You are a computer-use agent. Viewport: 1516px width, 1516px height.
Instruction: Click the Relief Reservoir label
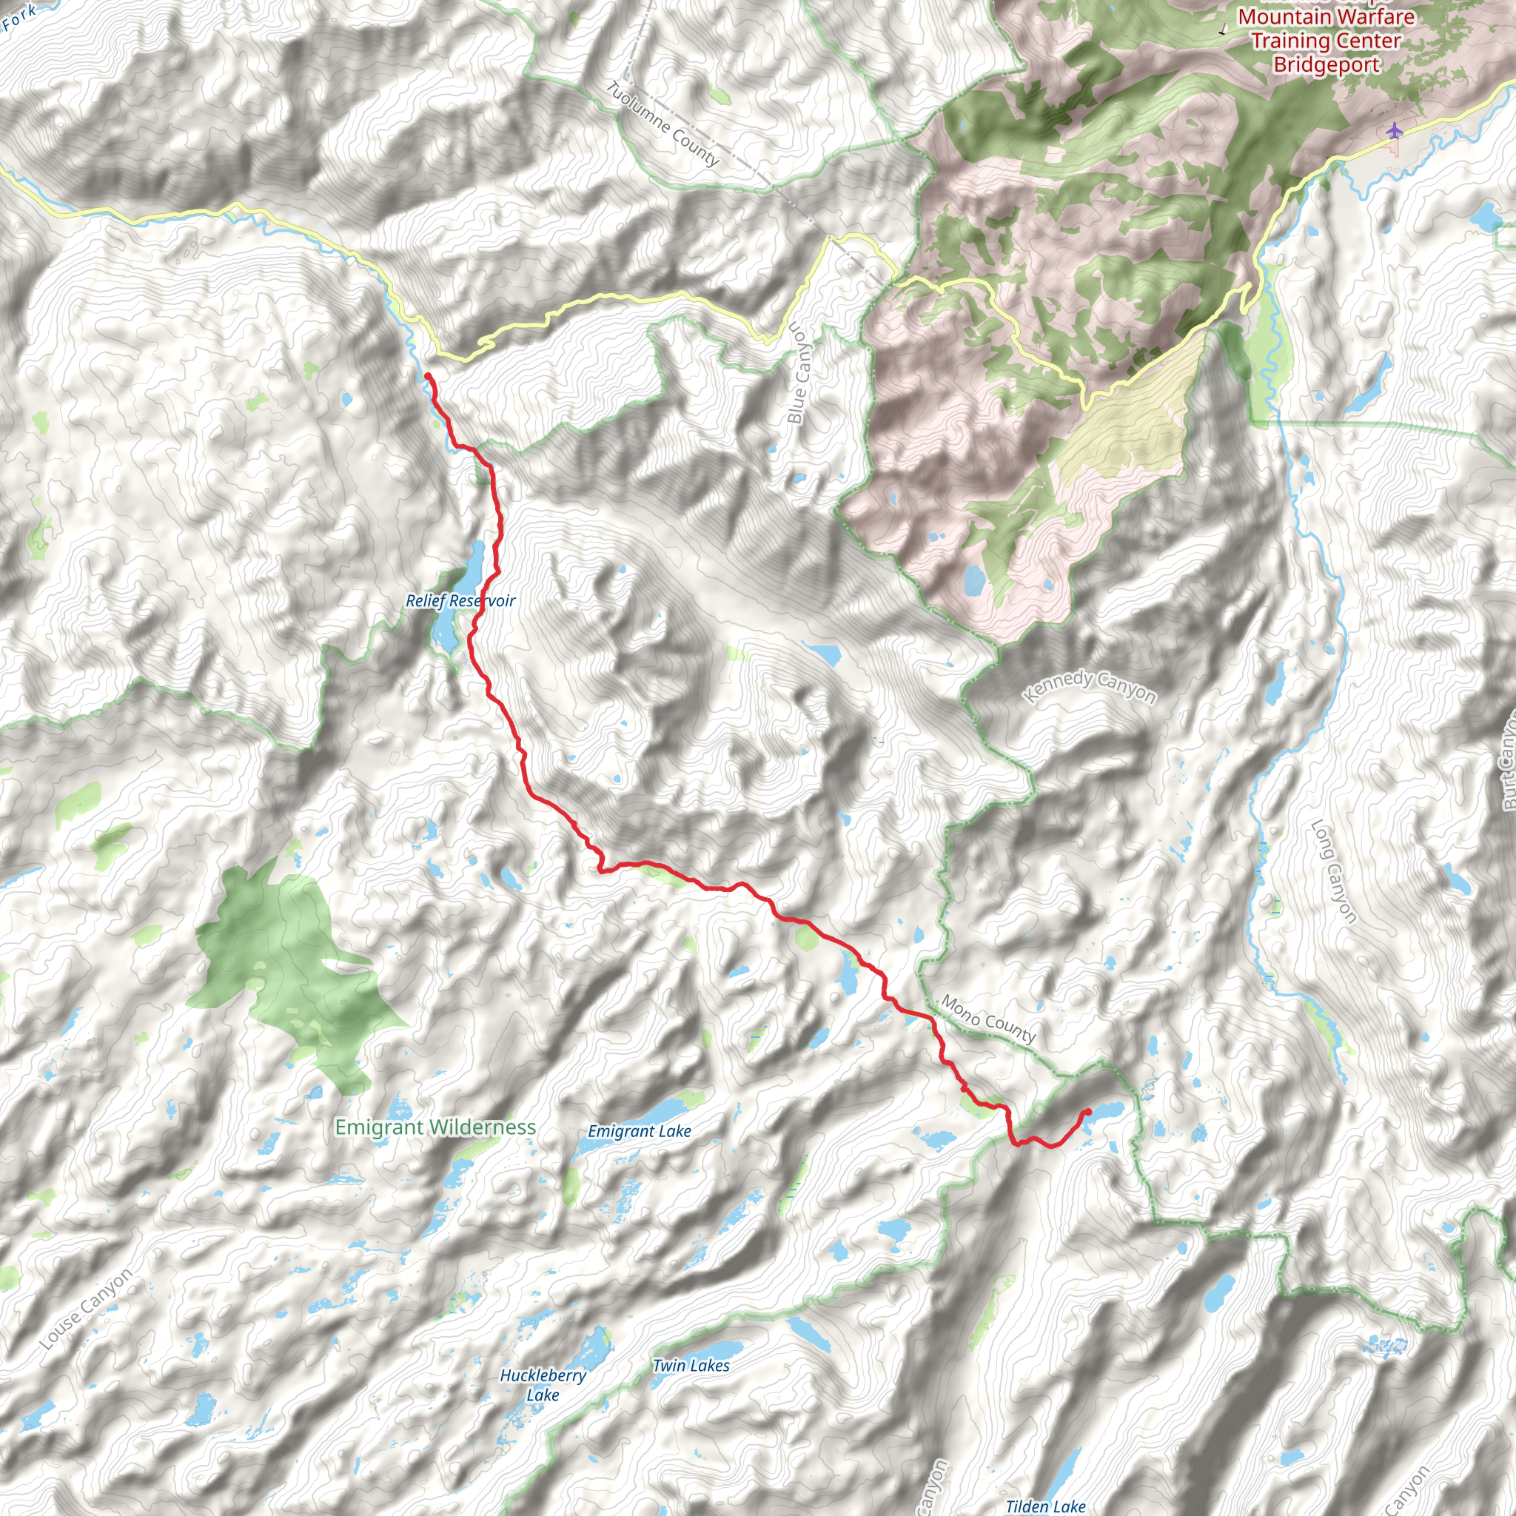[x=460, y=601]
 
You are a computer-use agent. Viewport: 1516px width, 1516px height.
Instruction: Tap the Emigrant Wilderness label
[x=435, y=1127]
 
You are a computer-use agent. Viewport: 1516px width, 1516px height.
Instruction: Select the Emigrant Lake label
[x=640, y=1132]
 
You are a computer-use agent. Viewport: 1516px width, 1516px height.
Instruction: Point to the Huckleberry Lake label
[x=543, y=1385]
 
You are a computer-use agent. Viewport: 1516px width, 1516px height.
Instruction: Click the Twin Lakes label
[x=691, y=1365]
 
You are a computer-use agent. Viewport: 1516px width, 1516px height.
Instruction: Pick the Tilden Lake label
[x=1045, y=1506]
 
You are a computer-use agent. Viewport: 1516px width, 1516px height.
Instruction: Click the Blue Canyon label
[x=798, y=374]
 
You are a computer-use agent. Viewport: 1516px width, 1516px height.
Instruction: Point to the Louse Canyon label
[x=87, y=1310]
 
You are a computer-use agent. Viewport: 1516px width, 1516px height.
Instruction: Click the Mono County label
[x=989, y=1019]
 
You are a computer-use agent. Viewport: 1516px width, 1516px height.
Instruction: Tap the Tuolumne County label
[x=663, y=124]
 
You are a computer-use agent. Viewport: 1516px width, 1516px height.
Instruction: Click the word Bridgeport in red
[x=1326, y=64]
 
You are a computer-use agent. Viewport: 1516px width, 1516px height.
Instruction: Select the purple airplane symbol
[x=1394, y=130]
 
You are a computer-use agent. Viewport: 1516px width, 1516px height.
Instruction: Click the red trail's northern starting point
[x=428, y=377]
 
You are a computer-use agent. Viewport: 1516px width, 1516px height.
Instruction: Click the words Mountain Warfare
[x=1326, y=16]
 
